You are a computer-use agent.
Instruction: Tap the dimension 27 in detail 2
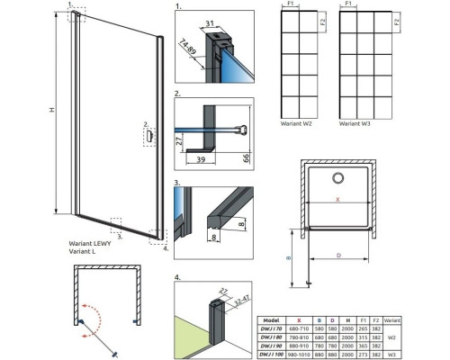coord(179,142)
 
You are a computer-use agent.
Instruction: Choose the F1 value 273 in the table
coord(364,353)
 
